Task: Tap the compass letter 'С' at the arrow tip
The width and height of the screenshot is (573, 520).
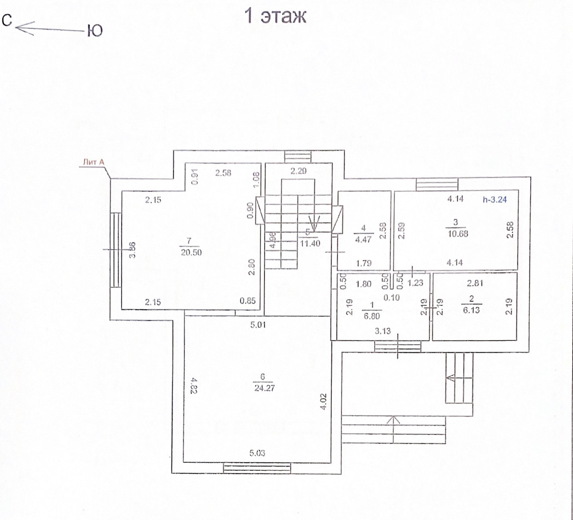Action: point(7,21)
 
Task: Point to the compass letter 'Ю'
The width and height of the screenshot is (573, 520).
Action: point(95,31)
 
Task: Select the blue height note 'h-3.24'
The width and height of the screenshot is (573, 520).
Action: point(495,200)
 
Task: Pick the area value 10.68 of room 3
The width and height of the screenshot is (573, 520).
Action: point(457,233)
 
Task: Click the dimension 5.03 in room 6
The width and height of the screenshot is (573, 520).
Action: point(259,452)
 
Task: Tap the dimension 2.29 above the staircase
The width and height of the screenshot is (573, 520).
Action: point(299,172)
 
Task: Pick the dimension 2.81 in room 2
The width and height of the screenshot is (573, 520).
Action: point(475,283)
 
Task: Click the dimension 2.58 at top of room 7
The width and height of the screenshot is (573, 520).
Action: point(224,173)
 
